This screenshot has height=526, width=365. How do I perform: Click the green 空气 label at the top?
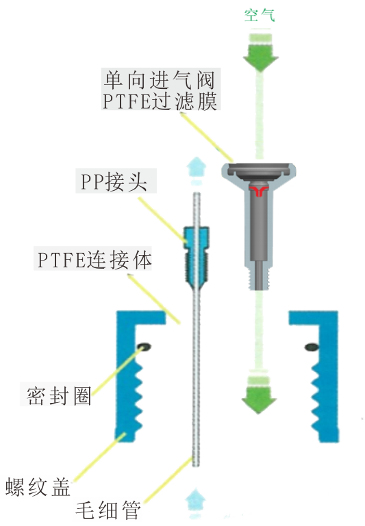(x=260, y=15)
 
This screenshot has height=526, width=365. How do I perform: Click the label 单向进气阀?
(x=159, y=80)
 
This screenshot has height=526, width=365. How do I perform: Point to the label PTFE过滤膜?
(x=160, y=100)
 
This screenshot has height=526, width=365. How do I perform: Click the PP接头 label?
(x=114, y=182)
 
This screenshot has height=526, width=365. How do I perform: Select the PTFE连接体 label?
(x=95, y=260)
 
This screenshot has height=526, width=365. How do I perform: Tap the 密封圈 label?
(x=59, y=396)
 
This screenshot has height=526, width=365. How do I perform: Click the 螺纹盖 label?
(x=38, y=487)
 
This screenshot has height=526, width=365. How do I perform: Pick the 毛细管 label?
(x=108, y=510)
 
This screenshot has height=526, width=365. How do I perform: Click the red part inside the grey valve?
(x=258, y=191)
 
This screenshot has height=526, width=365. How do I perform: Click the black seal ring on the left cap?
(x=144, y=346)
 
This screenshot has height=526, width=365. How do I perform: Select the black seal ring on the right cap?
(x=312, y=347)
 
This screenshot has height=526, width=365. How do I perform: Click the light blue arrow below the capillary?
(x=196, y=504)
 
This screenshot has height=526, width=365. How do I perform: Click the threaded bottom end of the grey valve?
(x=259, y=278)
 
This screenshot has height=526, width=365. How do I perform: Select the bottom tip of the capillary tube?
(x=196, y=465)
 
